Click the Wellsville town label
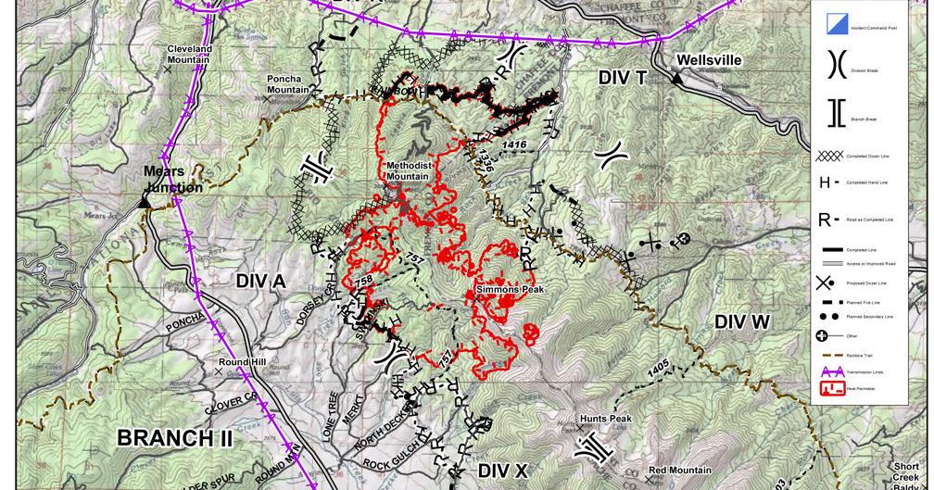coord(709,60)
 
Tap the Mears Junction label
coord(173,180)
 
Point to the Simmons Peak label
coord(510,290)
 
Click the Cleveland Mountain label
coord(189,55)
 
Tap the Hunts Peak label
coord(606,419)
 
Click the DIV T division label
coord(622,79)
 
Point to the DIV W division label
coord(742,321)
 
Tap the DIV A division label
coord(260,281)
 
